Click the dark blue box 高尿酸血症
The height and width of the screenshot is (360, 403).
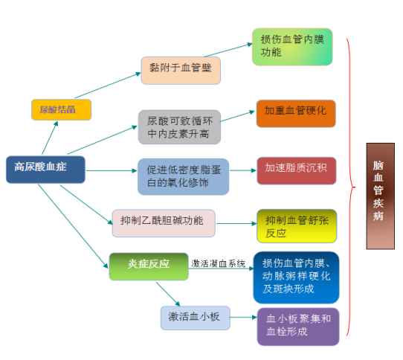click(x=45, y=170)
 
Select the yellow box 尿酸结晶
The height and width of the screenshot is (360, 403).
click(x=61, y=110)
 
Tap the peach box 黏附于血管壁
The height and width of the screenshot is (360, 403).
click(x=181, y=71)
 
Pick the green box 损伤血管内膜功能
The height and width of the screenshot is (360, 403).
click(x=292, y=47)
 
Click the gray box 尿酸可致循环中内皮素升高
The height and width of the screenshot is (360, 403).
click(x=179, y=127)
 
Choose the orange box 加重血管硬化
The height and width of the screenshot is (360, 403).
click(x=296, y=113)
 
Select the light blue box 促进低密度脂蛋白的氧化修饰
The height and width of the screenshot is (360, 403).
click(x=183, y=177)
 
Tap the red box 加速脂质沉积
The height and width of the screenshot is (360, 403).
click(x=297, y=171)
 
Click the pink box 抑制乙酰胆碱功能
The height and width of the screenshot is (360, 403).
click(x=164, y=223)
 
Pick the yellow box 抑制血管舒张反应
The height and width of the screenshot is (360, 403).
click(x=297, y=226)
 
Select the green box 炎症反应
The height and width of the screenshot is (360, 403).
click(x=149, y=266)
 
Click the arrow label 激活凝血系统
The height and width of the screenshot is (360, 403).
click(x=218, y=263)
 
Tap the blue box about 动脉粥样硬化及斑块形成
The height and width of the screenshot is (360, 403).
click(x=296, y=277)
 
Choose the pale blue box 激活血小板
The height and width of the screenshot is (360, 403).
click(x=195, y=318)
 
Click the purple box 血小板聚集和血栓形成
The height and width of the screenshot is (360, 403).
click(x=298, y=327)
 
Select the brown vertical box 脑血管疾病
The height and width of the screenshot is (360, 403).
click(x=381, y=196)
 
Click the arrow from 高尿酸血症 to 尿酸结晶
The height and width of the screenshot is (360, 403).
click(x=50, y=138)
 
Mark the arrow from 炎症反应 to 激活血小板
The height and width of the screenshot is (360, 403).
click(x=168, y=294)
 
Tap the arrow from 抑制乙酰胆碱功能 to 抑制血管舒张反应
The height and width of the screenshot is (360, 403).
click(x=236, y=224)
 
